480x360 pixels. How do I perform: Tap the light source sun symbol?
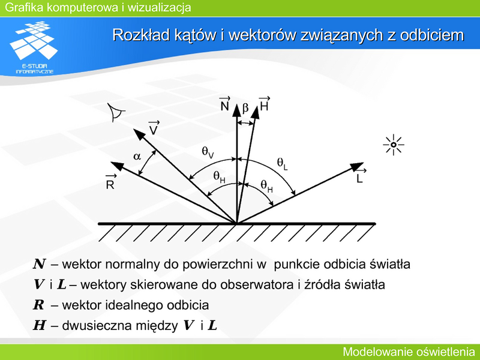pyautogui.click(x=394, y=145)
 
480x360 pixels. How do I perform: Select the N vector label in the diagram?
pyautogui.click(x=225, y=103)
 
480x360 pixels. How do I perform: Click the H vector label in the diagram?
pyautogui.click(x=264, y=103)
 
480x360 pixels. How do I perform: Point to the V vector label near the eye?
pyautogui.click(x=154, y=128)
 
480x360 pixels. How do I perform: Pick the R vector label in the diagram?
pyautogui.click(x=110, y=182)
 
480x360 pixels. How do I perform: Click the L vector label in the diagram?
pyautogui.click(x=361, y=176)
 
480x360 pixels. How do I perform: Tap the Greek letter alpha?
pyautogui.click(x=137, y=157)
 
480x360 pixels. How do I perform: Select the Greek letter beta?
pyautogui.click(x=245, y=108)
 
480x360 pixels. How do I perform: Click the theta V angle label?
pyautogui.click(x=208, y=152)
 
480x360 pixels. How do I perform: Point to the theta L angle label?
pyautogui.click(x=282, y=163)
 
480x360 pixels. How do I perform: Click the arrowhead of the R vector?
pyautogui.click(x=117, y=166)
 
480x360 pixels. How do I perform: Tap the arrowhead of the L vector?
pyautogui.click(x=356, y=166)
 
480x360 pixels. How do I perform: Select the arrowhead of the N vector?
pyautogui.click(x=236, y=110)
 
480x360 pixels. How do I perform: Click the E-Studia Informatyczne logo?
pyautogui.click(x=34, y=47)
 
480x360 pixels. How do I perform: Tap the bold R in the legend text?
pyautogui.click(x=38, y=305)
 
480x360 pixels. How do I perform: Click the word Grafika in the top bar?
pyautogui.click(x=24, y=7)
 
